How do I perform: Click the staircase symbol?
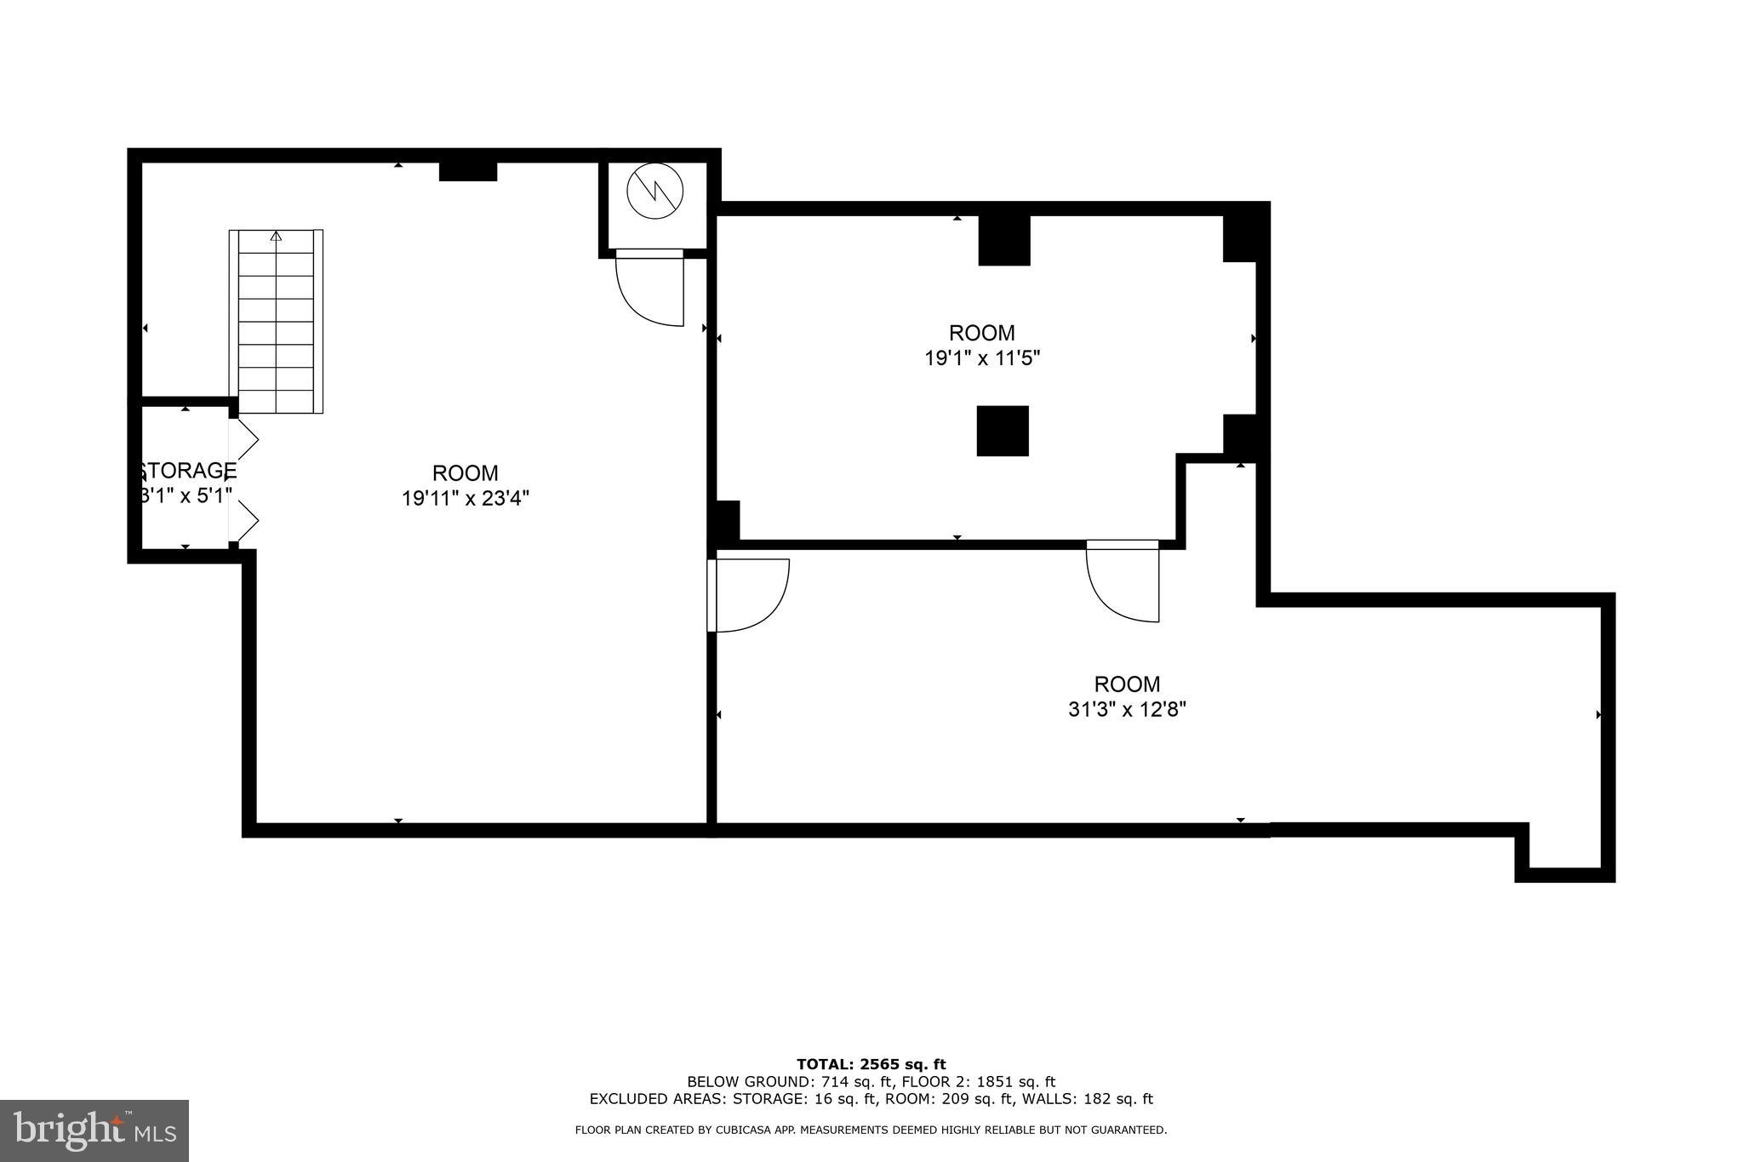click(x=276, y=322)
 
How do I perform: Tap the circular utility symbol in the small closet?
click(x=654, y=191)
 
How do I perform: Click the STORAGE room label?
click(x=187, y=471)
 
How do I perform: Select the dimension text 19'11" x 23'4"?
click(x=466, y=498)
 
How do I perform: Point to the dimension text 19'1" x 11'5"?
click(x=982, y=358)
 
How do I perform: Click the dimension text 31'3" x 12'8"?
click(x=1127, y=709)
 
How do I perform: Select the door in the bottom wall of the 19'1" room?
click(x=1123, y=582)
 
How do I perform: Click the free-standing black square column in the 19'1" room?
click(x=1003, y=431)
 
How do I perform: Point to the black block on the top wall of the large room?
click(x=468, y=170)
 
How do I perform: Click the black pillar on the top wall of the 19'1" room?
click(x=1004, y=240)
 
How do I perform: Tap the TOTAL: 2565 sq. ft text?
click(x=871, y=1064)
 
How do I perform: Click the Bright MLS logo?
click(x=94, y=1131)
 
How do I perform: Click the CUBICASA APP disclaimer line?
click(x=871, y=1131)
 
